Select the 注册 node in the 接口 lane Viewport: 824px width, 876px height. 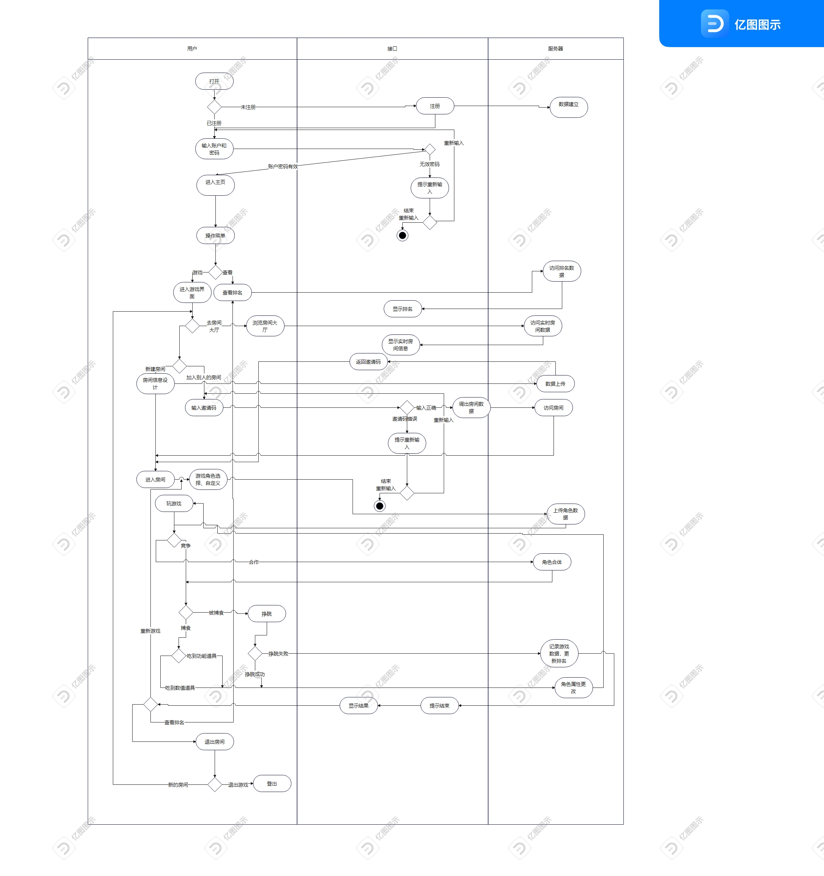(x=435, y=106)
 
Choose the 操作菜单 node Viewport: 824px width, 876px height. (x=215, y=236)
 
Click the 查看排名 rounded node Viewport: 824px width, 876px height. (x=232, y=293)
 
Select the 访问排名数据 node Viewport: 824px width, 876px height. (x=561, y=271)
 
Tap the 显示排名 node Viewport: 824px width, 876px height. (x=403, y=309)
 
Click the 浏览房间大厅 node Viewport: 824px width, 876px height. (x=265, y=326)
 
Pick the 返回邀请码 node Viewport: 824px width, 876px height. (x=368, y=362)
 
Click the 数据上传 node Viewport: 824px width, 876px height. (x=555, y=384)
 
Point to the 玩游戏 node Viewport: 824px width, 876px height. (x=174, y=504)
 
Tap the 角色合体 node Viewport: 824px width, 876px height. (x=552, y=562)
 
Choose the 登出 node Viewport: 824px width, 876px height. (x=272, y=784)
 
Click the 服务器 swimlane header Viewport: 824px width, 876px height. (x=555, y=49)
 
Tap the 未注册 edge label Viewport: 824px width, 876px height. (x=248, y=107)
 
